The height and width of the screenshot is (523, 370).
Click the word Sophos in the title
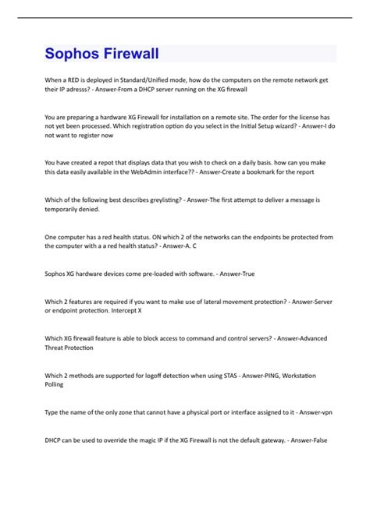click(73, 54)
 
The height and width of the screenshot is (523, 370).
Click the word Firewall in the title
click(131, 54)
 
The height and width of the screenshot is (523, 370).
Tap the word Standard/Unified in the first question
click(159, 80)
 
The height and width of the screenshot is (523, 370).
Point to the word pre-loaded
click(144, 274)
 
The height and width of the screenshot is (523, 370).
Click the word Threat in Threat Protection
click(57, 348)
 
